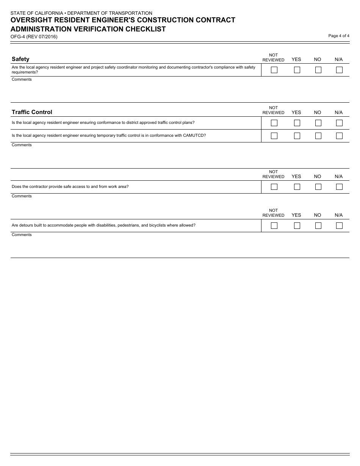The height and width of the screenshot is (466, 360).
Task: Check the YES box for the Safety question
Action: pyautogui.click(x=297, y=70)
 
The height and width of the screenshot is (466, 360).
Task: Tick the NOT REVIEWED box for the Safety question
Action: pyautogui.click(x=274, y=70)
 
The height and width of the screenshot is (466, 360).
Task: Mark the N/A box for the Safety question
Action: pyautogui.click(x=339, y=70)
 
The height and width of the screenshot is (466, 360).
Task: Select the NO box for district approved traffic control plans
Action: pyautogui.click(x=318, y=123)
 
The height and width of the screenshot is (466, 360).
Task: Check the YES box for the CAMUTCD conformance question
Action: pyautogui.click(x=297, y=136)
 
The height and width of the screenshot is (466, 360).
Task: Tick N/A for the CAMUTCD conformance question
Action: pyautogui.click(x=339, y=136)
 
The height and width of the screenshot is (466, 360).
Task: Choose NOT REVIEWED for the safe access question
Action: pyautogui.click(x=274, y=187)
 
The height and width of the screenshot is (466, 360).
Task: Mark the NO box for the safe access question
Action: pyautogui.click(x=318, y=187)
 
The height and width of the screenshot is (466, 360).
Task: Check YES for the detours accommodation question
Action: pyautogui.click(x=297, y=225)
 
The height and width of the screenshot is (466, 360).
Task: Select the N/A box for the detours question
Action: pyautogui.click(x=339, y=225)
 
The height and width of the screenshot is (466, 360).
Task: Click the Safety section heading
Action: pyautogui.click(x=20, y=59)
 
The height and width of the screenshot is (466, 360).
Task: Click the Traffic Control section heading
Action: pyautogui.click(x=32, y=112)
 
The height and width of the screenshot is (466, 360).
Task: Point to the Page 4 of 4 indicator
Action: pyautogui.click(x=338, y=36)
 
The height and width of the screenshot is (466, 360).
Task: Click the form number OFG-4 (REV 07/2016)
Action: pyautogui.click(x=34, y=37)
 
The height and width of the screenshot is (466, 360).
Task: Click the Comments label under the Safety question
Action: pyautogui.click(x=22, y=80)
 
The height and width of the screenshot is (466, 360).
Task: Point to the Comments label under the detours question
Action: pyautogui.click(x=22, y=235)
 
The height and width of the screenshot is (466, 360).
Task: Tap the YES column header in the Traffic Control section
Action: pyautogui.click(x=296, y=113)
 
